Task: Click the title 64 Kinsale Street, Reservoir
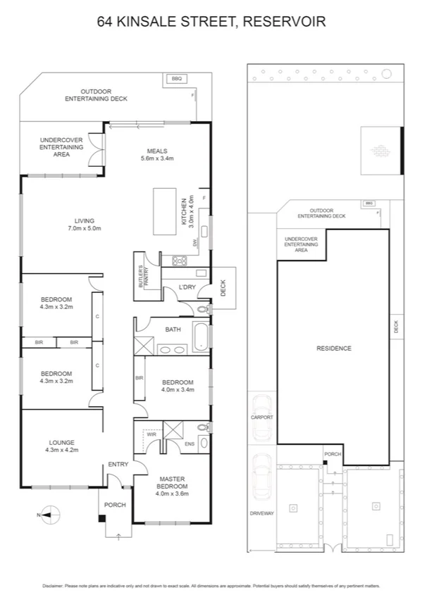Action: point(211,22)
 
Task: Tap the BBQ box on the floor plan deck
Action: point(176,79)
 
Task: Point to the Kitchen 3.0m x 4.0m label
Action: point(186,211)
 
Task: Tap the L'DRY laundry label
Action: point(187,287)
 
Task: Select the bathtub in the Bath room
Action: point(200,337)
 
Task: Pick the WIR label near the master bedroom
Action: point(152,434)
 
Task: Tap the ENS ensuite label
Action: point(190,444)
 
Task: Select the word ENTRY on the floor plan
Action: point(118,464)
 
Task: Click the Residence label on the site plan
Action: point(333,348)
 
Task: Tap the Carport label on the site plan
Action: point(262,417)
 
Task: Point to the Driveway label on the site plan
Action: point(262,513)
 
